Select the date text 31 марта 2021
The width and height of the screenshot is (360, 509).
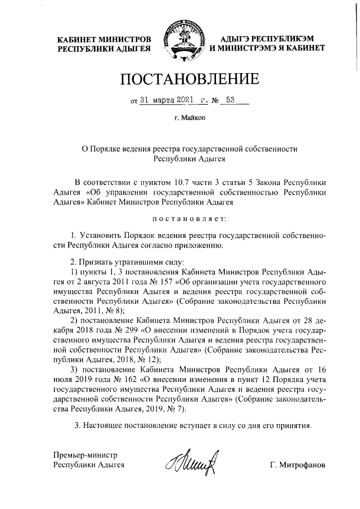click(x=166, y=101)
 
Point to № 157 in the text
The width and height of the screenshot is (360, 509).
click(x=155, y=283)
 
